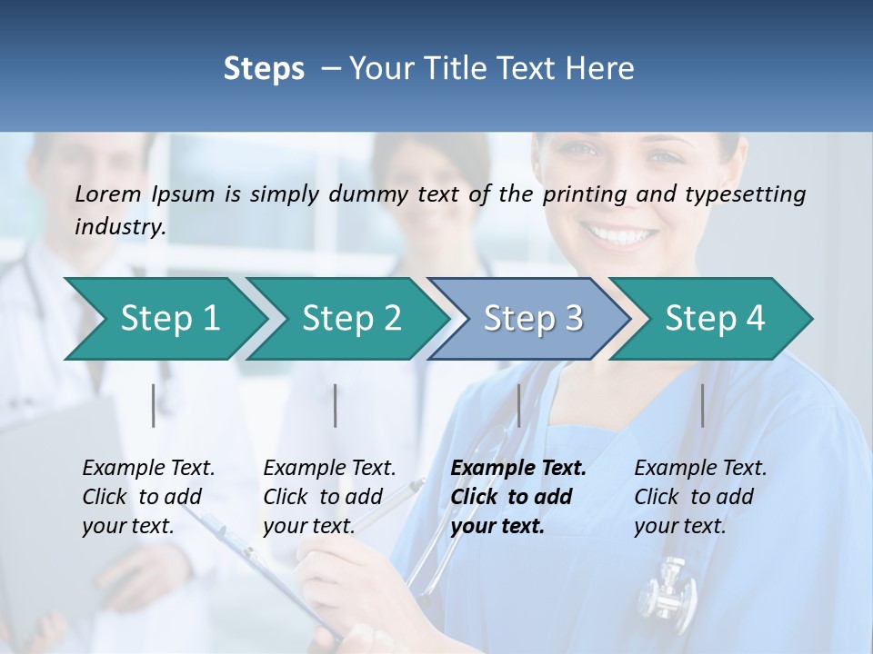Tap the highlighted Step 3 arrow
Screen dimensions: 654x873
coord(533,319)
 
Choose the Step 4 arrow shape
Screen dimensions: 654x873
coord(715,319)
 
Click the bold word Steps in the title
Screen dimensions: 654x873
coord(264,69)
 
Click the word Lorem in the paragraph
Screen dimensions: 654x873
coord(107,193)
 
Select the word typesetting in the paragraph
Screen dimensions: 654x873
coord(750,194)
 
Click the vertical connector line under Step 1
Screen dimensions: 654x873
coord(153,405)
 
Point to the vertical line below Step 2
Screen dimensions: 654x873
coord(336,405)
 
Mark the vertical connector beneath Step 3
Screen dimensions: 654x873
coord(518,405)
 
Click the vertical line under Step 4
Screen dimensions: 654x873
coord(702,405)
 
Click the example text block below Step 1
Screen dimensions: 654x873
coord(148,497)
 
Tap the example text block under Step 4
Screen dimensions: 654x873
coord(700,497)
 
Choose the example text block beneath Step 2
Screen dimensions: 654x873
coord(329,497)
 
